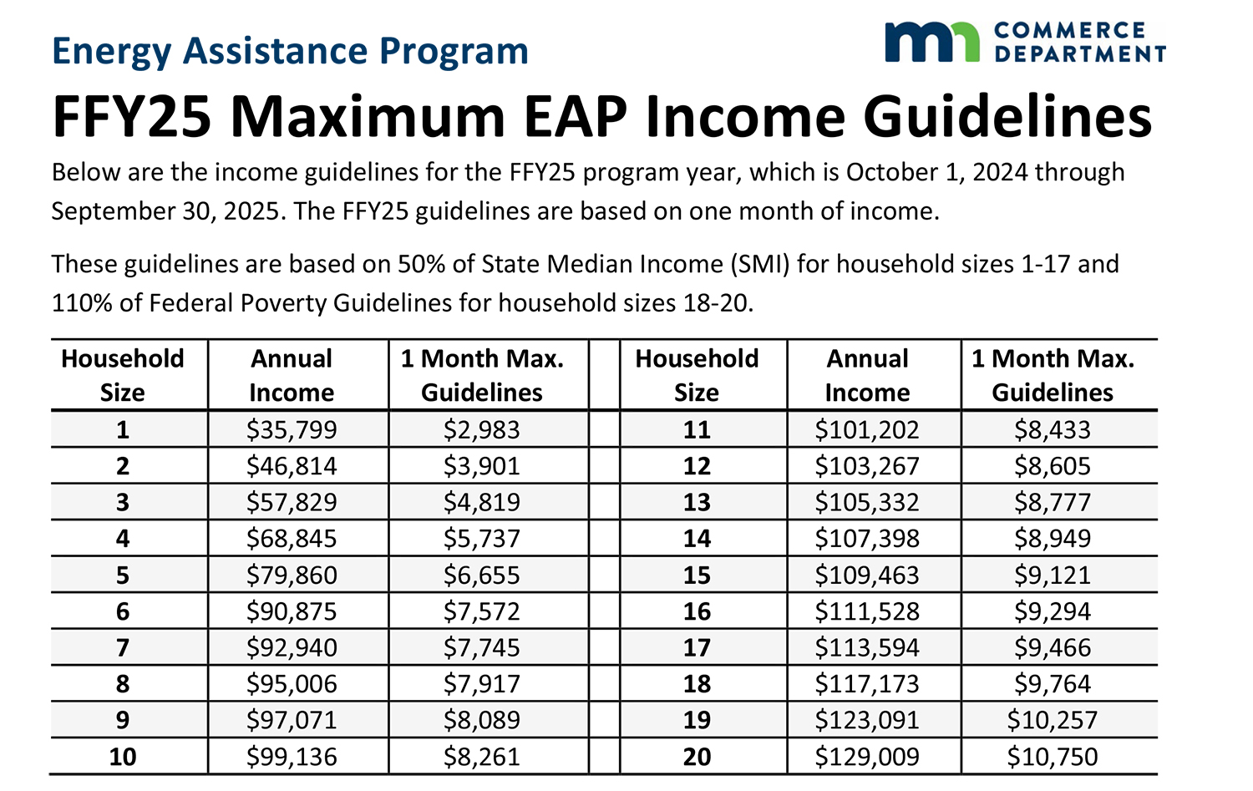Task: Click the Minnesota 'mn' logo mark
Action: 931,43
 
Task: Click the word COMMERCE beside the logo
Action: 1070,30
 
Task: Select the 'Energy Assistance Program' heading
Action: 290,51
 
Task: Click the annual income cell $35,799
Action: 292,430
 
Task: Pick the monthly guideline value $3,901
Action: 482,466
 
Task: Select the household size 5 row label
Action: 123,576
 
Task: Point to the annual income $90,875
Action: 292,611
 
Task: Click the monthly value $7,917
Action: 482,684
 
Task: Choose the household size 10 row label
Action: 123,757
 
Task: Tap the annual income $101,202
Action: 867,430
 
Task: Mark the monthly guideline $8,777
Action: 1053,503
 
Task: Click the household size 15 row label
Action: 697,576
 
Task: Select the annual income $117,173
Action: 867,684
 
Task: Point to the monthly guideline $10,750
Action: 1053,757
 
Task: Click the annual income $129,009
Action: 867,757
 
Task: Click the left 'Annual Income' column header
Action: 292,375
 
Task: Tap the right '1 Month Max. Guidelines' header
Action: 1053,375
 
